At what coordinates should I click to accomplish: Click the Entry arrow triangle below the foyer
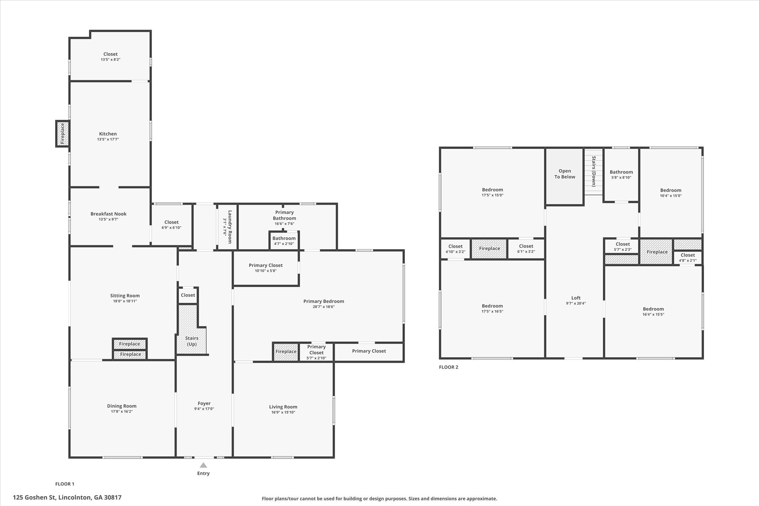203,465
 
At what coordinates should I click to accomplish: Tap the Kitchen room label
108,134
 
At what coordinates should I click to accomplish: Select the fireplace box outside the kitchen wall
62,133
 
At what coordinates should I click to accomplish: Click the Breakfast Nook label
109,214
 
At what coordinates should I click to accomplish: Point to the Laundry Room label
230,227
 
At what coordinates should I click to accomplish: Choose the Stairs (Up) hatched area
192,330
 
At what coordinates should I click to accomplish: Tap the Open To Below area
565,176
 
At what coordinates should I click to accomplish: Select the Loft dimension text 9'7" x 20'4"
576,303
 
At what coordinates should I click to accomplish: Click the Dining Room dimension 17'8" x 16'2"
122,411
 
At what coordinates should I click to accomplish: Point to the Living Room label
283,407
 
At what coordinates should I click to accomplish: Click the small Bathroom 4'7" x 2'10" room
284,241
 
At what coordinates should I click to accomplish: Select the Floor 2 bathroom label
622,172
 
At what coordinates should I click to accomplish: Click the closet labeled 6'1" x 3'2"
526,249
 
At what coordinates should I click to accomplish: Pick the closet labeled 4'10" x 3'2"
455,249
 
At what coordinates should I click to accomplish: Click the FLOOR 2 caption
448,367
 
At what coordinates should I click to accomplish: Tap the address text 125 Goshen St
34,497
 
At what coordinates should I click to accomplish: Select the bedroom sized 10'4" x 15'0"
671,193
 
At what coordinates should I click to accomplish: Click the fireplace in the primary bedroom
286,351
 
